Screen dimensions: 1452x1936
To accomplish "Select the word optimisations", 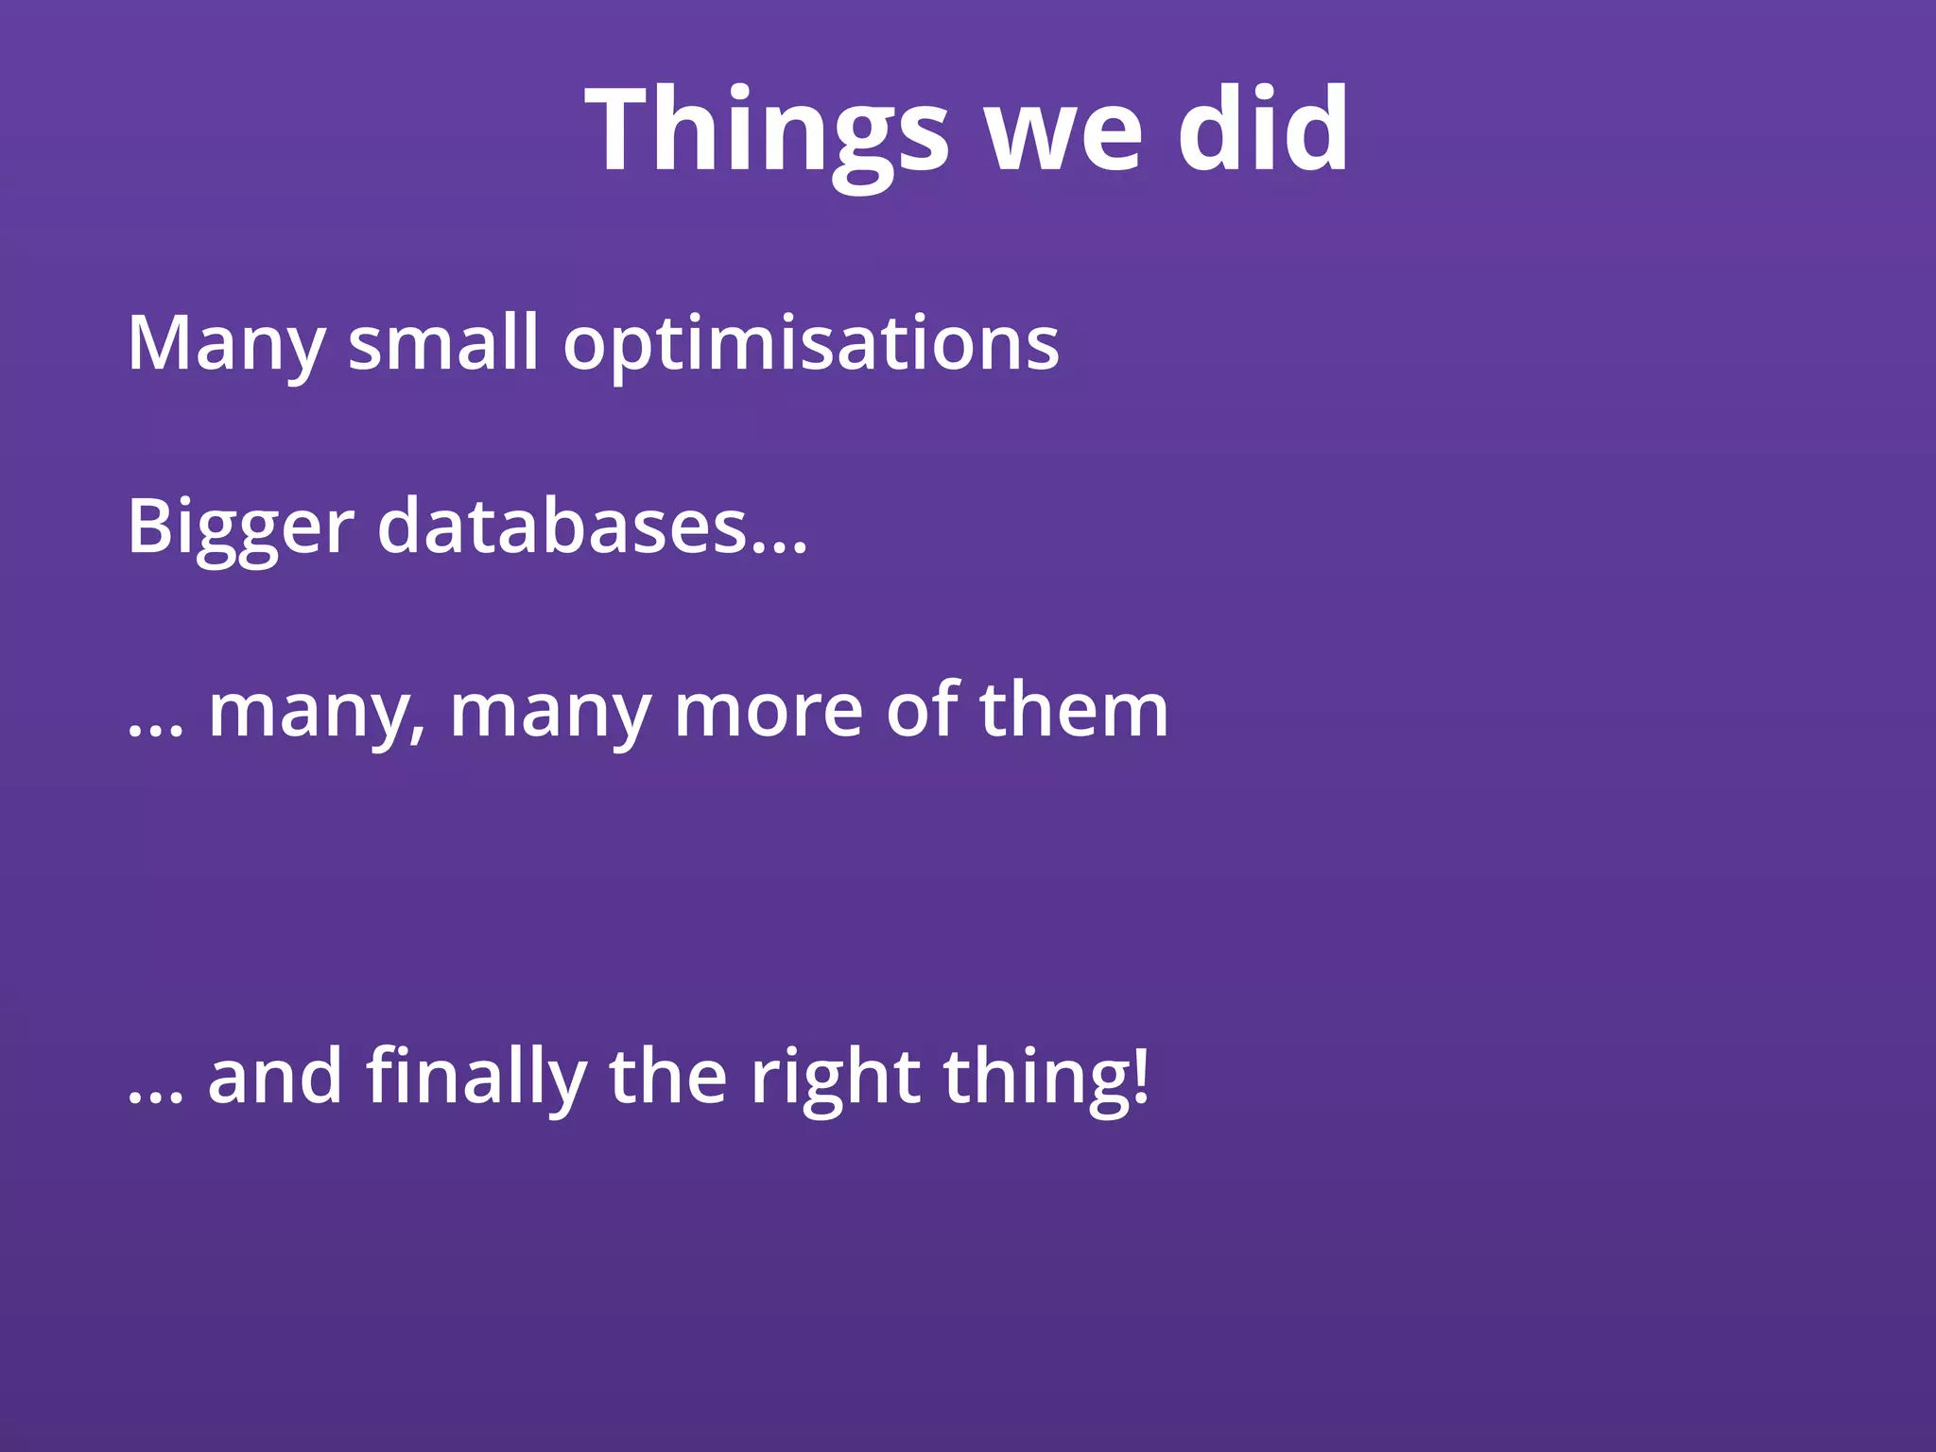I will point(811,344).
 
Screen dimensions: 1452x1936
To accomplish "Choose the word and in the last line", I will point(274,1078).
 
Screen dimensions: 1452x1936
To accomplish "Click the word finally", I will point(476,1078).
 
